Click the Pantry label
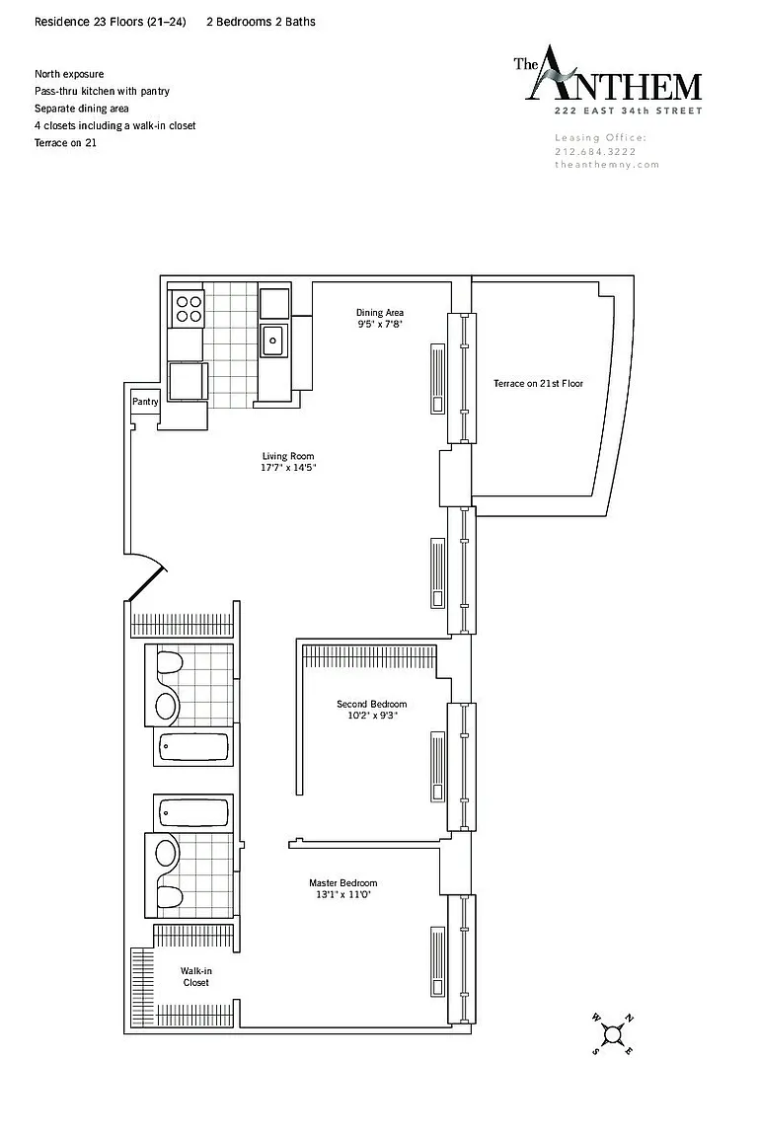coord(145,402)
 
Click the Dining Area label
coord(379,313)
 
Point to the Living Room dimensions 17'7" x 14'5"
coord(289,468)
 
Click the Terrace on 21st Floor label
coord(538,384)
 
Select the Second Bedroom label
coord(371,704)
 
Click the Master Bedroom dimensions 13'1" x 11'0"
coord(343,895)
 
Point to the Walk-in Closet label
coord(195,977)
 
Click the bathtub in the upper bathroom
coord(193,747)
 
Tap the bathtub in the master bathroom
coord(193,813)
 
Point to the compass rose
coord(613,1034)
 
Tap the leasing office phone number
coord(595,152)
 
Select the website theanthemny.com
coord(607,165)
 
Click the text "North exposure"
coord(69,74)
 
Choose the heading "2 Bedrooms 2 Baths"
coord(262,22)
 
